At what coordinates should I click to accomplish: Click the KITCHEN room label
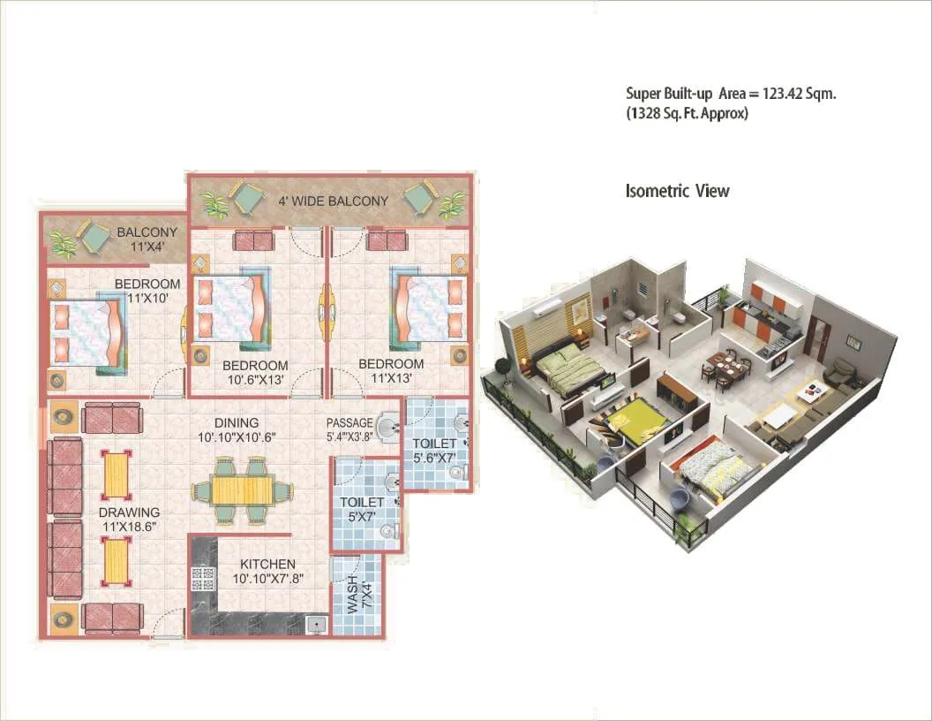[265, 564]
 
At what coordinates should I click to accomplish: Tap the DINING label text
[235, 423]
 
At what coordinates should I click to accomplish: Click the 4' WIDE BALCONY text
[334, 201]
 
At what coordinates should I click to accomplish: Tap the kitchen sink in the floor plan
[316, 625]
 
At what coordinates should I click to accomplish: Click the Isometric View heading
[677, 191]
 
